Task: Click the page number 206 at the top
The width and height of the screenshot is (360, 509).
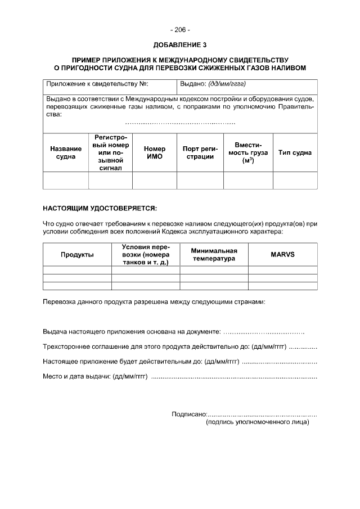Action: click(180, 29)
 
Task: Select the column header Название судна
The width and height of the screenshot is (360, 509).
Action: click(66, 152)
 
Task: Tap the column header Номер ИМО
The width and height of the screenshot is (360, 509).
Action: click(154, 152)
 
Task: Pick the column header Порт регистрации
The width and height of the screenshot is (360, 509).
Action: click(200, 152)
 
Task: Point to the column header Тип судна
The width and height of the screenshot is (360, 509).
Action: click(295, 152)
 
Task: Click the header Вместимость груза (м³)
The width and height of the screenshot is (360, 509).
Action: click(248, 152)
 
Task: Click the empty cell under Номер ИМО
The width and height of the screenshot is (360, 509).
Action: click(154, 181)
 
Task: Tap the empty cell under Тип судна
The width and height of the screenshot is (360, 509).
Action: click(295, 181)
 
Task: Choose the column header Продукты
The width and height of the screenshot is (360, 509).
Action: click(77, 255)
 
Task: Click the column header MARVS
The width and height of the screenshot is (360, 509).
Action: click(282, 255)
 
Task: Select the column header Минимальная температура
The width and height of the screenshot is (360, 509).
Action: click(214, 255)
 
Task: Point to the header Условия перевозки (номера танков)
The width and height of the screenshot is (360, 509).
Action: click(145, 255)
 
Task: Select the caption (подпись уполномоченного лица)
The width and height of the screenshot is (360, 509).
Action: click(258, 422)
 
